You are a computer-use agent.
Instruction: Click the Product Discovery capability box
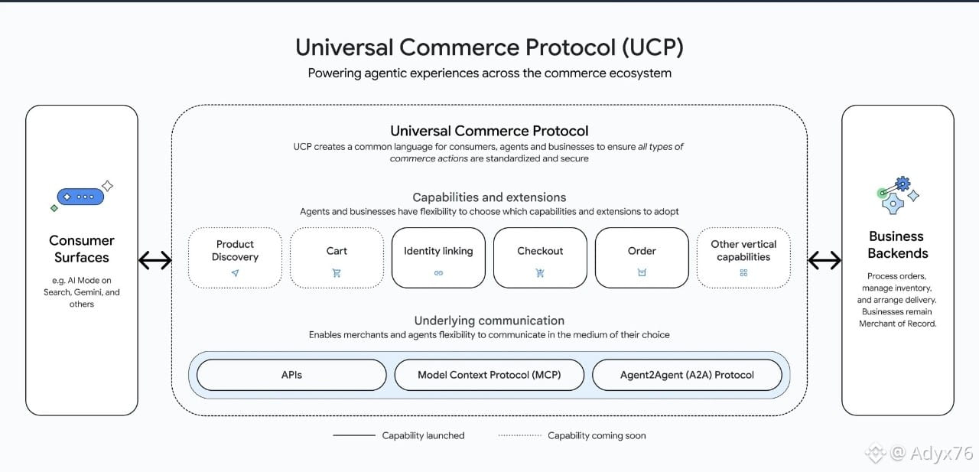point(235,258)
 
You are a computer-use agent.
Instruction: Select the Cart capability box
point(337,258)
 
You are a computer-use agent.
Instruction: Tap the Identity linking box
point(438,258)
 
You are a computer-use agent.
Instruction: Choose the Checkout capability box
point(540,258)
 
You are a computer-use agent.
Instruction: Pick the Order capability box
point(642,258)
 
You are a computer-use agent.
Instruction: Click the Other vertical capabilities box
point(743,258)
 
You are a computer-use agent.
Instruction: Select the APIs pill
point(291,375)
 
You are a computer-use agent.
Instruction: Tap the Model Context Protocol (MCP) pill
point(489,375)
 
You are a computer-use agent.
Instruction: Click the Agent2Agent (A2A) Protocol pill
point(687,375)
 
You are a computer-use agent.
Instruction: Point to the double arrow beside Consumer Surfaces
point(154,261)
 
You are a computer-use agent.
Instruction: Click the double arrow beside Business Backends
point(825,261)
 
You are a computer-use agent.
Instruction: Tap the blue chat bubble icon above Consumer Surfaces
point(80,197)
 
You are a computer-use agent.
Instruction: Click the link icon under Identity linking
point(438,273)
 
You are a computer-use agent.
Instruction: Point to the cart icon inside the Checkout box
point(540,273)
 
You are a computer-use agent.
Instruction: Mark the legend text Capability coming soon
point(597,435)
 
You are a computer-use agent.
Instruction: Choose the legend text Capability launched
point(423,435)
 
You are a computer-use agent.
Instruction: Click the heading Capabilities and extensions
point(489,197)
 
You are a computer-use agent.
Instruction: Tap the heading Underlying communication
point(489,321)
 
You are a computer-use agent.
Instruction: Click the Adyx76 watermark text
point(941,453)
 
